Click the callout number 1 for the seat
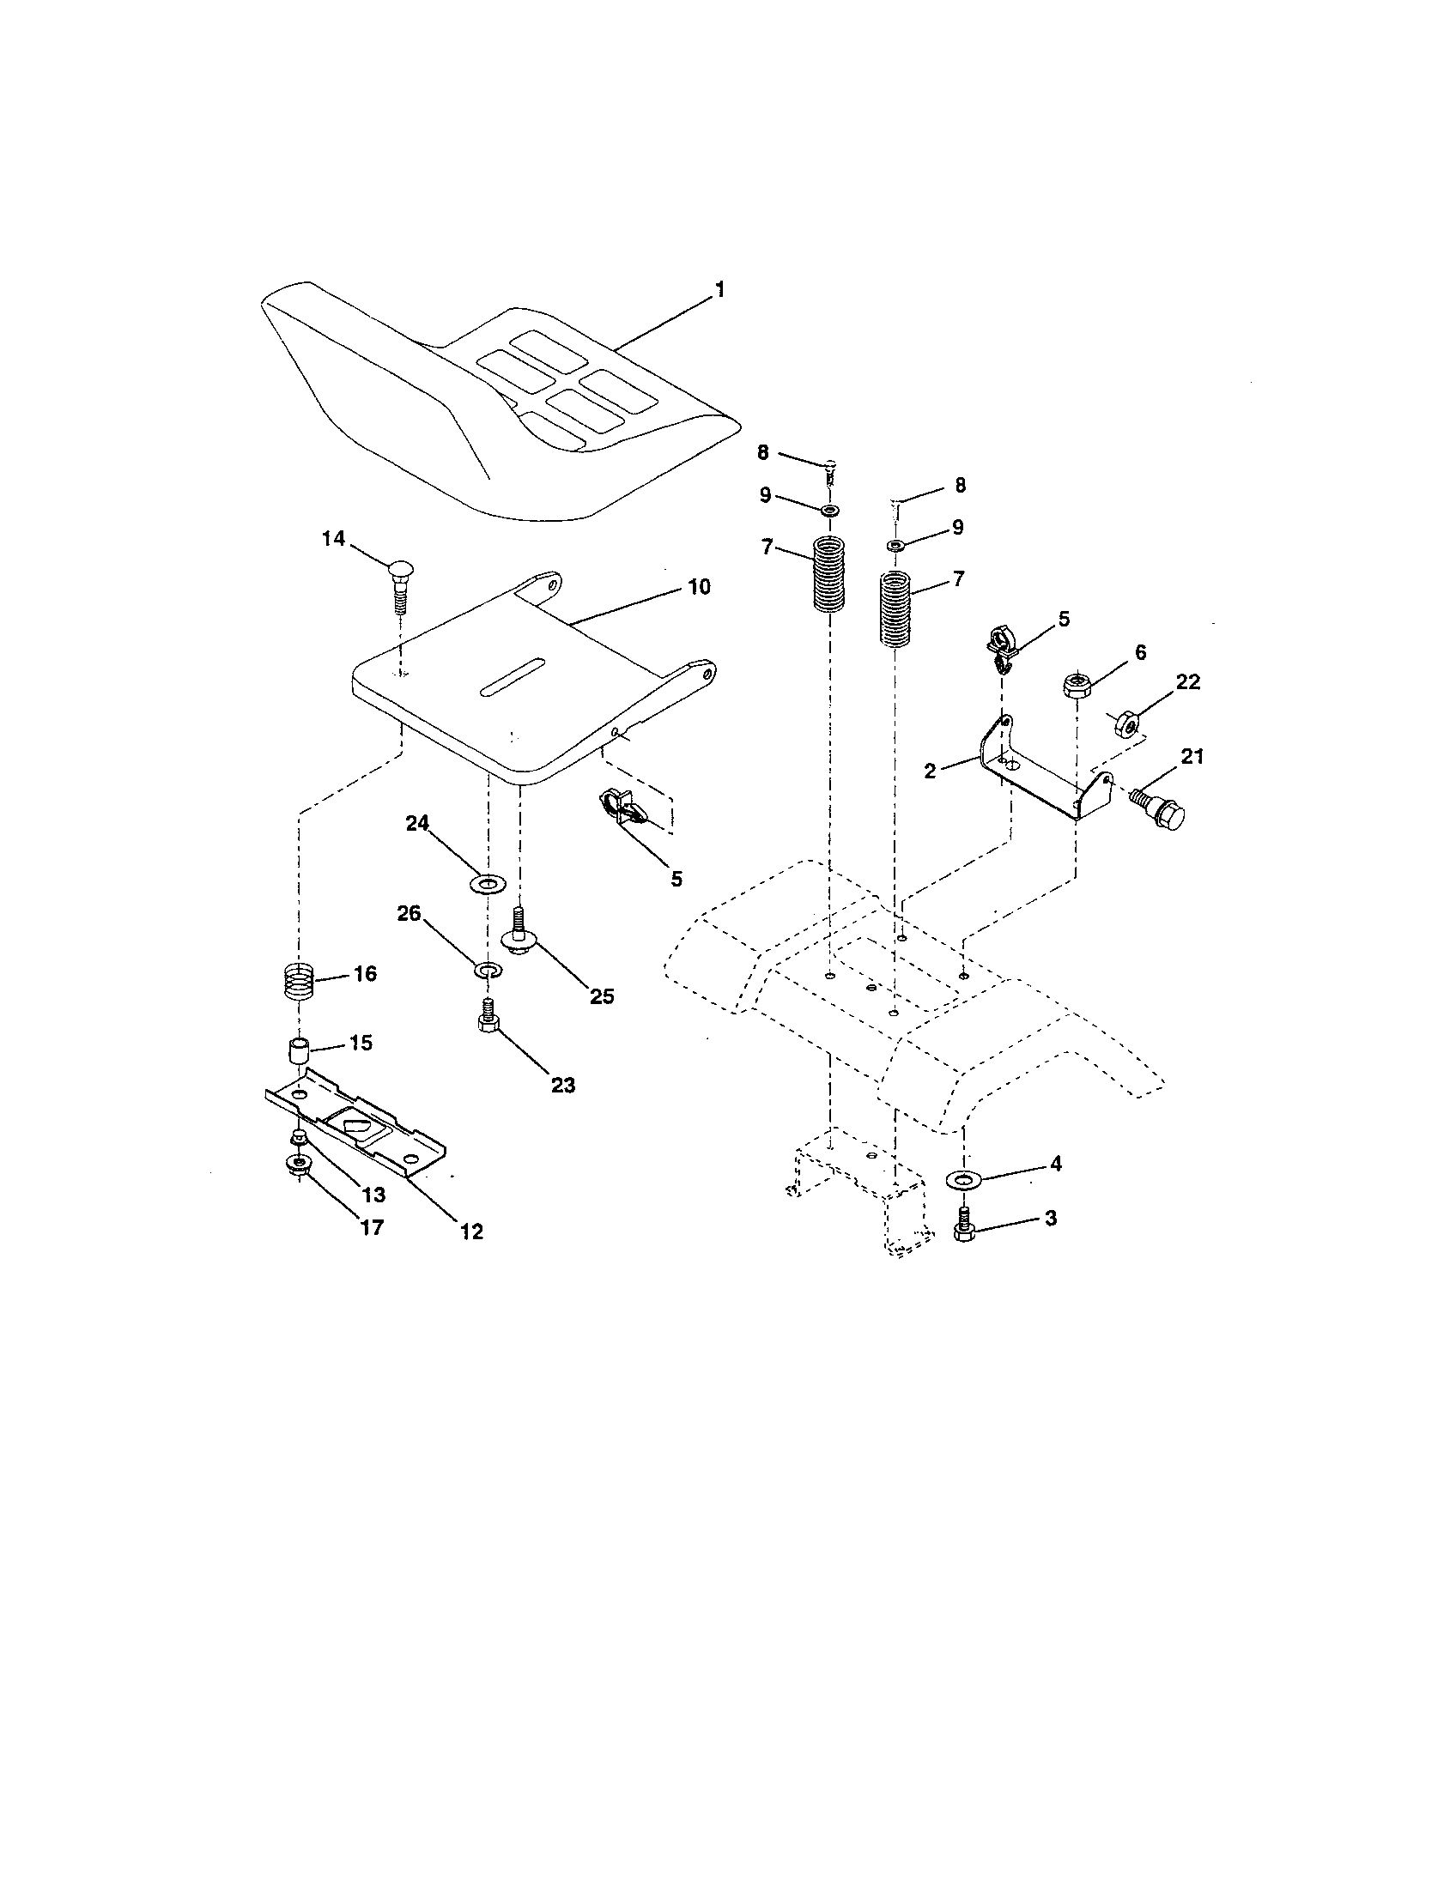point(719,289)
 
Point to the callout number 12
point(471,1231)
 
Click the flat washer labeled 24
point(488,884)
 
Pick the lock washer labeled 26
point(488,969)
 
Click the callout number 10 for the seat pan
point(699,587)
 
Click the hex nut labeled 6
point(1075,687)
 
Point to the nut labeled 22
point(1125,720)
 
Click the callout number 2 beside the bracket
point(930,772)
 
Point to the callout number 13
point(373,1195)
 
